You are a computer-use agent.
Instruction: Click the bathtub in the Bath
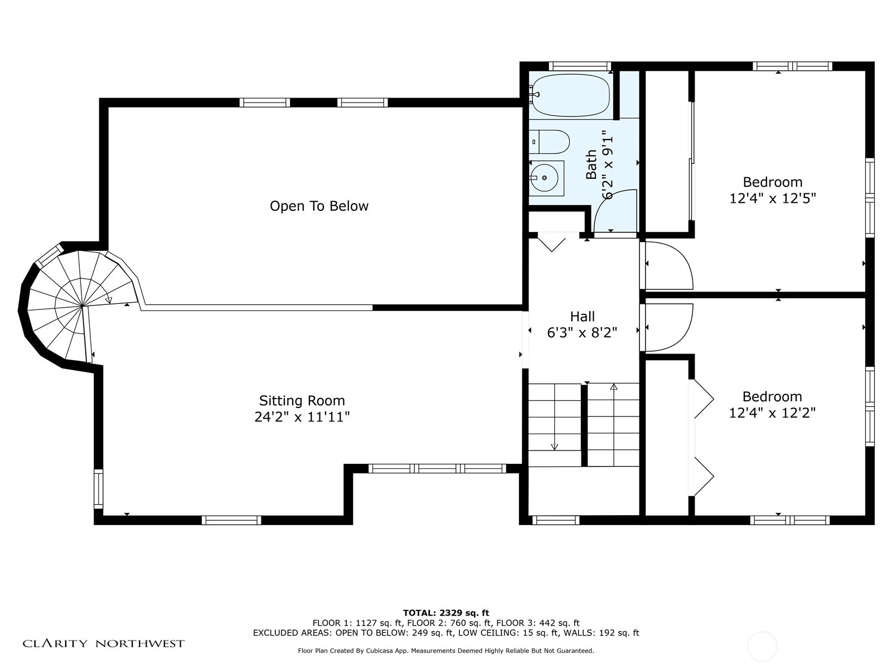pyautogui.click(x=570, y=95)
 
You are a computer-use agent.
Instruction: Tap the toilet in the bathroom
pyautogui.click(x=549, y=142)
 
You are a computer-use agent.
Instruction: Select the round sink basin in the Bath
pyautogui.click(x=544, y=178)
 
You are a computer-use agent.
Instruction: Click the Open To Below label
pyautogui.click(x=319, y=206)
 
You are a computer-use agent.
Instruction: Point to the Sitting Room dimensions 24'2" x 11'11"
pyautogui.click(x=302, y=417)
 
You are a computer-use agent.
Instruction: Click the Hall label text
pyautogui.click(x=583, y=317)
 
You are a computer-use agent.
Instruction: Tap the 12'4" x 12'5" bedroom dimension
pyautogui.click(x=773, y=198)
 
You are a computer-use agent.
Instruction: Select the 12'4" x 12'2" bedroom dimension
pyautogui.click(x=772, y=413)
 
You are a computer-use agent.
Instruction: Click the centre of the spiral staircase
pyautogui.click(x=82, y=305)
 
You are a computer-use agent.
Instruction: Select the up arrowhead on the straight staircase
pyautogui.click(x=614, y=387)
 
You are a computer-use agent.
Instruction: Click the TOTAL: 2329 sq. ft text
pyautogui.click(x=446, y=613)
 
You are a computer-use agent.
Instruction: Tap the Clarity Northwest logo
pyautogui.click(x=103, y=644)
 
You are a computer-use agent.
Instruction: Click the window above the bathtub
pyautogui.click(x=580, y=66)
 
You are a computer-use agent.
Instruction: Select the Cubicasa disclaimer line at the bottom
pyautogui.click(x=446, y=651)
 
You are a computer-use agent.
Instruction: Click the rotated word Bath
pyautogui.click(x=591, y=164)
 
